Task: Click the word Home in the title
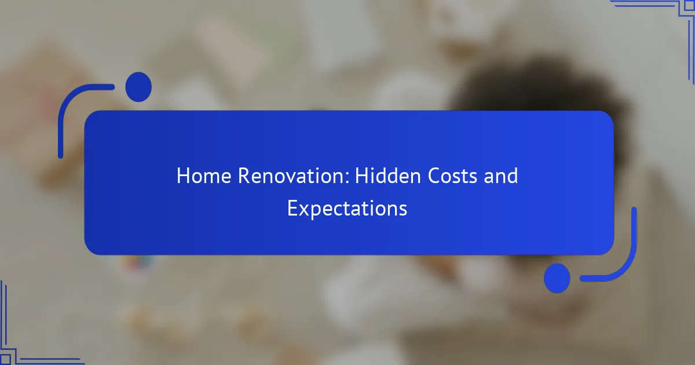204,176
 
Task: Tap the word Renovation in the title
291,176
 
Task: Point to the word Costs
452,176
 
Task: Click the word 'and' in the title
501,176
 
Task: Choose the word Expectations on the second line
347,209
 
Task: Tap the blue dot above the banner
138,87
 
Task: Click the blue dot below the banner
557,278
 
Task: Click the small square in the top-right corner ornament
690,6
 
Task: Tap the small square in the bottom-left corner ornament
5,359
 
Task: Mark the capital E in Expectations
292,208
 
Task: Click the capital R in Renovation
244,176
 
